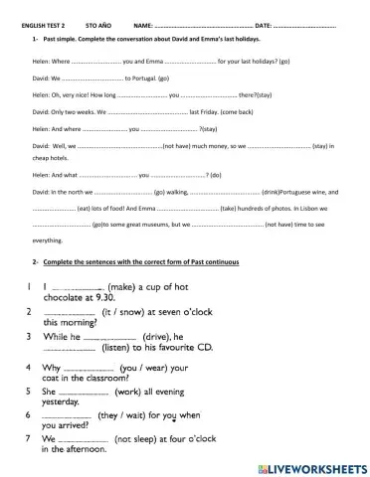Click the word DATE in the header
tap(263, 23)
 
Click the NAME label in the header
tap(143, 23)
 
